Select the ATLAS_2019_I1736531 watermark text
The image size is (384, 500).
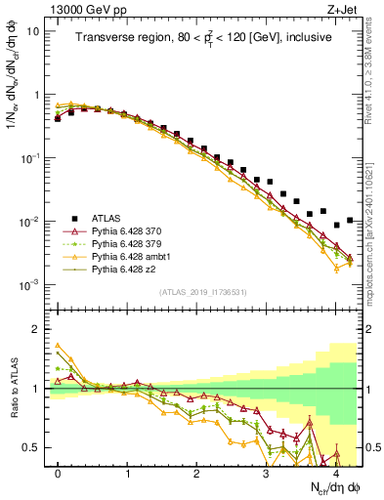tap(202, 293)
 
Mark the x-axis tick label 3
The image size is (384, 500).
tap(267, 472)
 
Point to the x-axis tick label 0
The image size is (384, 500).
tap(58, 472)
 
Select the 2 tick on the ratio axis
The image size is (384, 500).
tap(34, 329)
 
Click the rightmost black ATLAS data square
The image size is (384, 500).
tap(350, 220)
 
